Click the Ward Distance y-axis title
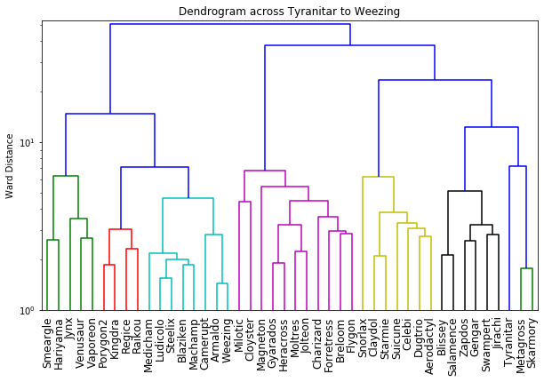click(10, 165)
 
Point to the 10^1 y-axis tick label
click(27, 142)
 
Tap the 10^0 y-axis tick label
click(27, 310)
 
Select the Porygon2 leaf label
click(103, 340)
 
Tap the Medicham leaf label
click(148, 341)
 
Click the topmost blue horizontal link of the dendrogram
click(230, 24)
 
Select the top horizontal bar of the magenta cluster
click(265, 171)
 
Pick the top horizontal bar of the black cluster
click(464, 191)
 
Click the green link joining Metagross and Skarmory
click(526, 268)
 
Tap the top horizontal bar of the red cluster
click(120, 229)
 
